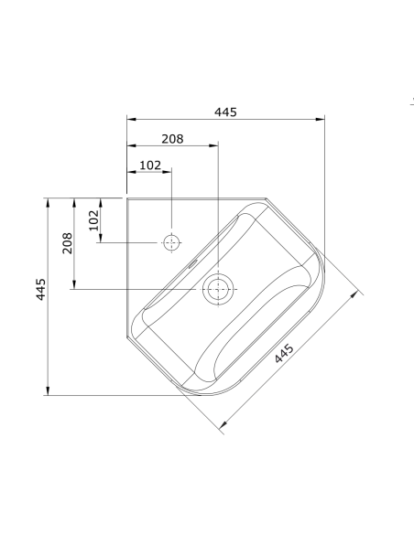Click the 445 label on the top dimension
tap(225, 112)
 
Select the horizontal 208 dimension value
tap(172, 139)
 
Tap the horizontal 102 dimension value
tap(150, 166)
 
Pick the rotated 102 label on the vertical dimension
tap(93, 220)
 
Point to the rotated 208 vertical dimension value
tap(68, 243)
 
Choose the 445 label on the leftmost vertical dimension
tap(41, 294)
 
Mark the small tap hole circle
tap(171, 242)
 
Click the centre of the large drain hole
tap(218, 290)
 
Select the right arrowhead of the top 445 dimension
tap(322, 119)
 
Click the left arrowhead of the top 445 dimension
tap(129, 119)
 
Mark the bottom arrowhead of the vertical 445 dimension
tap(48, 393)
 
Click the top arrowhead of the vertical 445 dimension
tap(48, 200)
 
